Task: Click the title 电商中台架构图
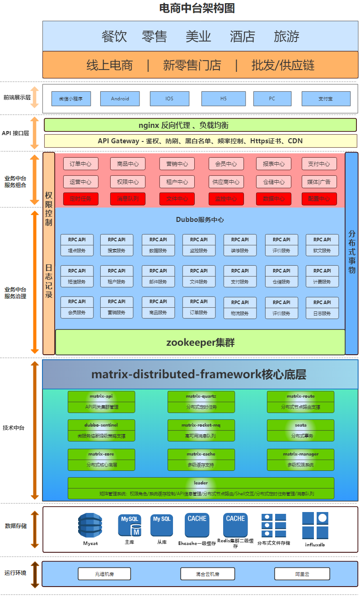tap(197, 8)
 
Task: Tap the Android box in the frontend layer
tap(120, 99)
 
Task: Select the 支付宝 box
tap(325, 99)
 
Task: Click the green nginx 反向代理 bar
tap(200, 125)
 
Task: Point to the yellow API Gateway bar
tap(200, 141)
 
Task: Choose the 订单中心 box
tap(80, 164)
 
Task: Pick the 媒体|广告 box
tap(319, 182)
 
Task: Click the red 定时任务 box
tap(80, 199)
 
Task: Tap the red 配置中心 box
tap(319, 199)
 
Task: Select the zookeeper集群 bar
tap(200, 342)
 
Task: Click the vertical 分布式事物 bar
tap(351, 253)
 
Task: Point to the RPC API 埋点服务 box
tap(77, 245)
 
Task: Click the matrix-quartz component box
tap(201, 402)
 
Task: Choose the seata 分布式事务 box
tap(300, 431)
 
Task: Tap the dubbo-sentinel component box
tap(102, 431)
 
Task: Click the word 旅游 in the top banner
tap(286, 36)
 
